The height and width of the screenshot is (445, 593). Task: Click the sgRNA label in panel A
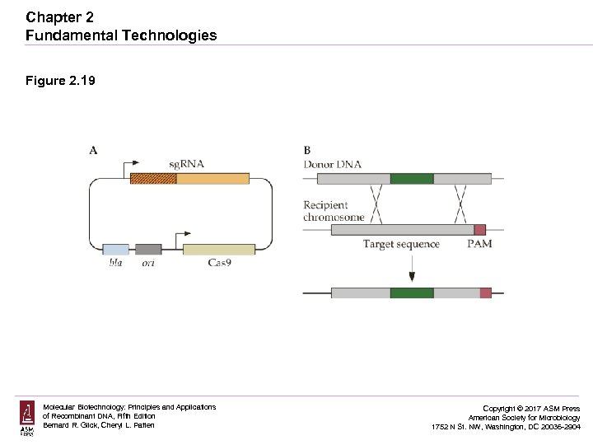tap(186, 163)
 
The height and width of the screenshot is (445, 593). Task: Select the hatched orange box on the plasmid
tap(153, 178)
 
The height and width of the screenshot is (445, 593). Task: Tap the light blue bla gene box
tap(115, 249)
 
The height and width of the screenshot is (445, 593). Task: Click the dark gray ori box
tap(148, 249)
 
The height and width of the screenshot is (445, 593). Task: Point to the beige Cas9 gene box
tap(218, 249)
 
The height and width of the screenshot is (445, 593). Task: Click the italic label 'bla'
tap(115, 263)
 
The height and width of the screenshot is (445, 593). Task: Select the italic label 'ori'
tap(148, 263)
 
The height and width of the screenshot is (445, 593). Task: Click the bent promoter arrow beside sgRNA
tap(131, 166)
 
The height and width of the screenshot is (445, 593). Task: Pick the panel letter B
tap(307, 150)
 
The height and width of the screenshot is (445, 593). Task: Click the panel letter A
tap(93, 150)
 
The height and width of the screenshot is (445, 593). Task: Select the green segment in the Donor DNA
tap(411, 178)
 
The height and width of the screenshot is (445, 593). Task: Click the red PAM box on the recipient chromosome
tap(480, 230)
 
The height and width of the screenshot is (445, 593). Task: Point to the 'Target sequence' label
tap(401, 244)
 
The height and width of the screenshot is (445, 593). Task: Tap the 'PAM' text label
tap(479, 244)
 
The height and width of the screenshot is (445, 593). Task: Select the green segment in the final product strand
tap(411, 293)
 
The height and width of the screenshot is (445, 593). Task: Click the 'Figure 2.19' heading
tap(61, 81)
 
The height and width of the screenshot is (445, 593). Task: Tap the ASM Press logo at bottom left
tap(27, 418)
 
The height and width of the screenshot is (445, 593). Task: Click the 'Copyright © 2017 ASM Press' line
tap(530, 409)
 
